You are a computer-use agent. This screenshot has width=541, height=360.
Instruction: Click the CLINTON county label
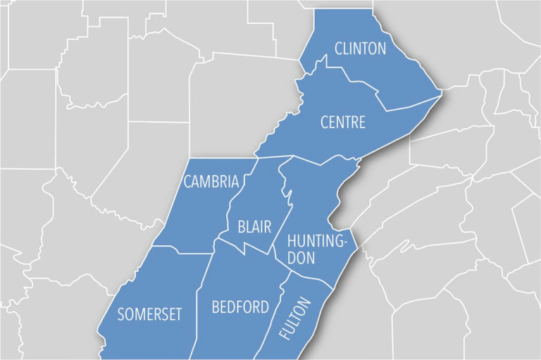coord(361,49)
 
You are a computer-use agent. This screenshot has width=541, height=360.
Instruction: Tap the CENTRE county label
coord(343,123)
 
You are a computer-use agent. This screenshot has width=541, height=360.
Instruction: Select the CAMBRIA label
coord(211,182)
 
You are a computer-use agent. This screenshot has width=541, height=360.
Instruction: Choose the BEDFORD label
coord(240,307)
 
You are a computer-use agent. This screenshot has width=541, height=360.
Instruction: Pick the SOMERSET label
coord(149,314)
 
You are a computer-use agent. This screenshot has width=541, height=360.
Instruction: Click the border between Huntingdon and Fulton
coord(310,277)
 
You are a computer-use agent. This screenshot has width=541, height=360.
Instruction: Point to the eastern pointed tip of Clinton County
coord(441,90)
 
